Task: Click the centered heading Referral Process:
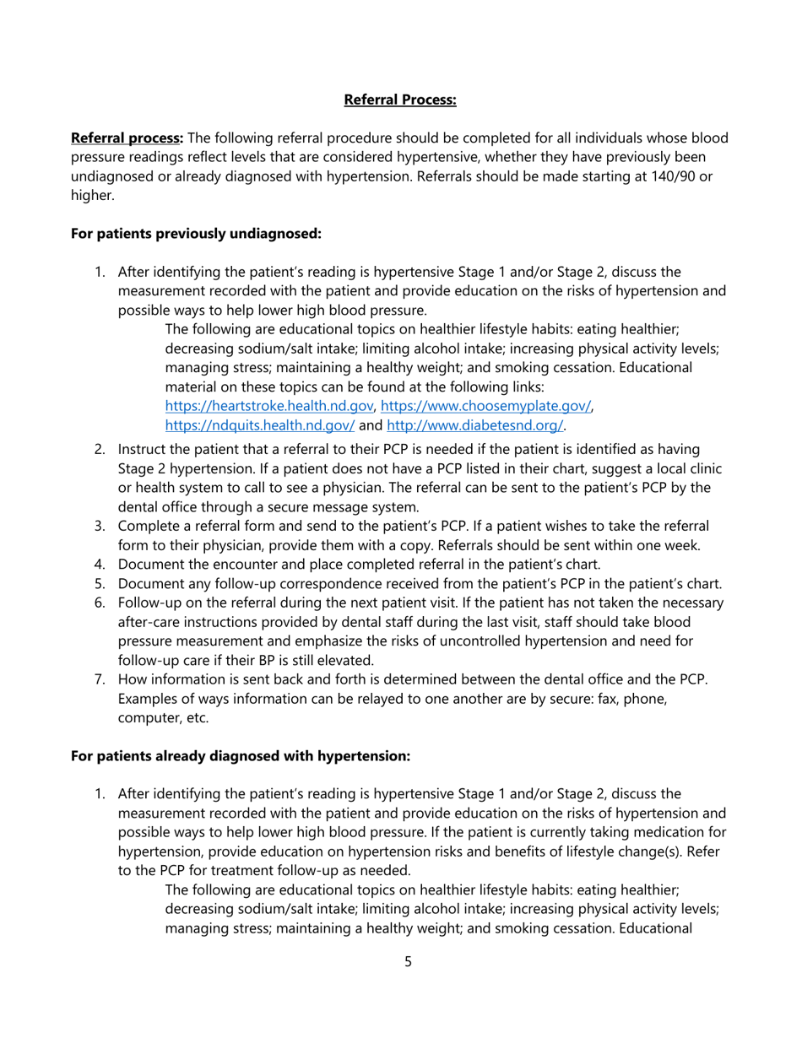coord(400,100)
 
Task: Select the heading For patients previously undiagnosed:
coord(196,233)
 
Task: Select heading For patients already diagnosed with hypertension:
coord(241,756)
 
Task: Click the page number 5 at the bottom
coord(408,961)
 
